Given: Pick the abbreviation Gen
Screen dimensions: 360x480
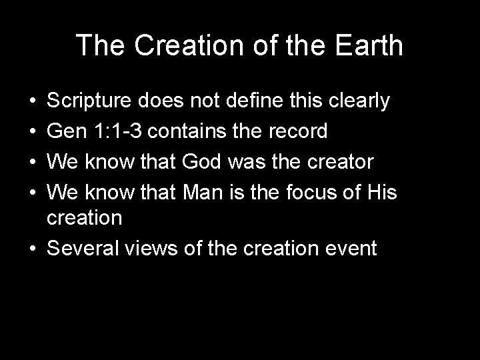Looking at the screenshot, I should pos(67,131).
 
